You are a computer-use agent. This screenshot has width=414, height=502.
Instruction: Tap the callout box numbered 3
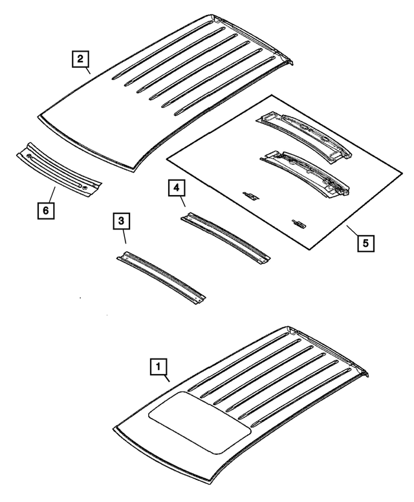coord(121,222)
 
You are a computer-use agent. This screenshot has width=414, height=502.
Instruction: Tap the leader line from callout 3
coord(125,239)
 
